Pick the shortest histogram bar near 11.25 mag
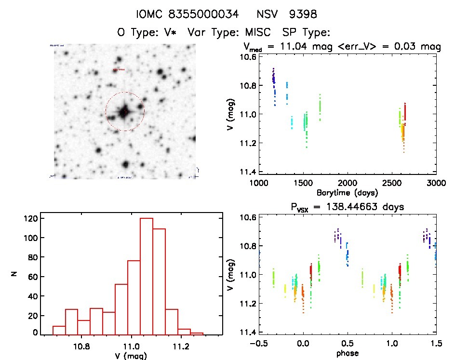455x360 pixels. (x=196, y=333)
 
